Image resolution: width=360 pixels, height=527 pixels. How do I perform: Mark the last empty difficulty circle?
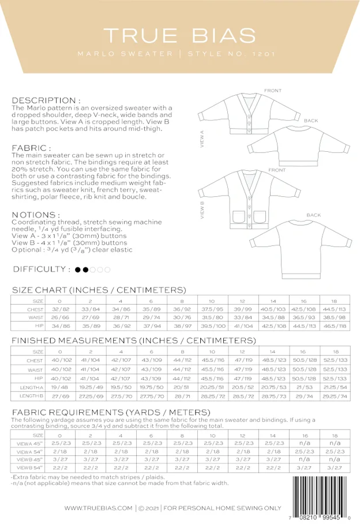107,269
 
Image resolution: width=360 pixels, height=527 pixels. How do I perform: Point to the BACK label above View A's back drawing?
312,121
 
